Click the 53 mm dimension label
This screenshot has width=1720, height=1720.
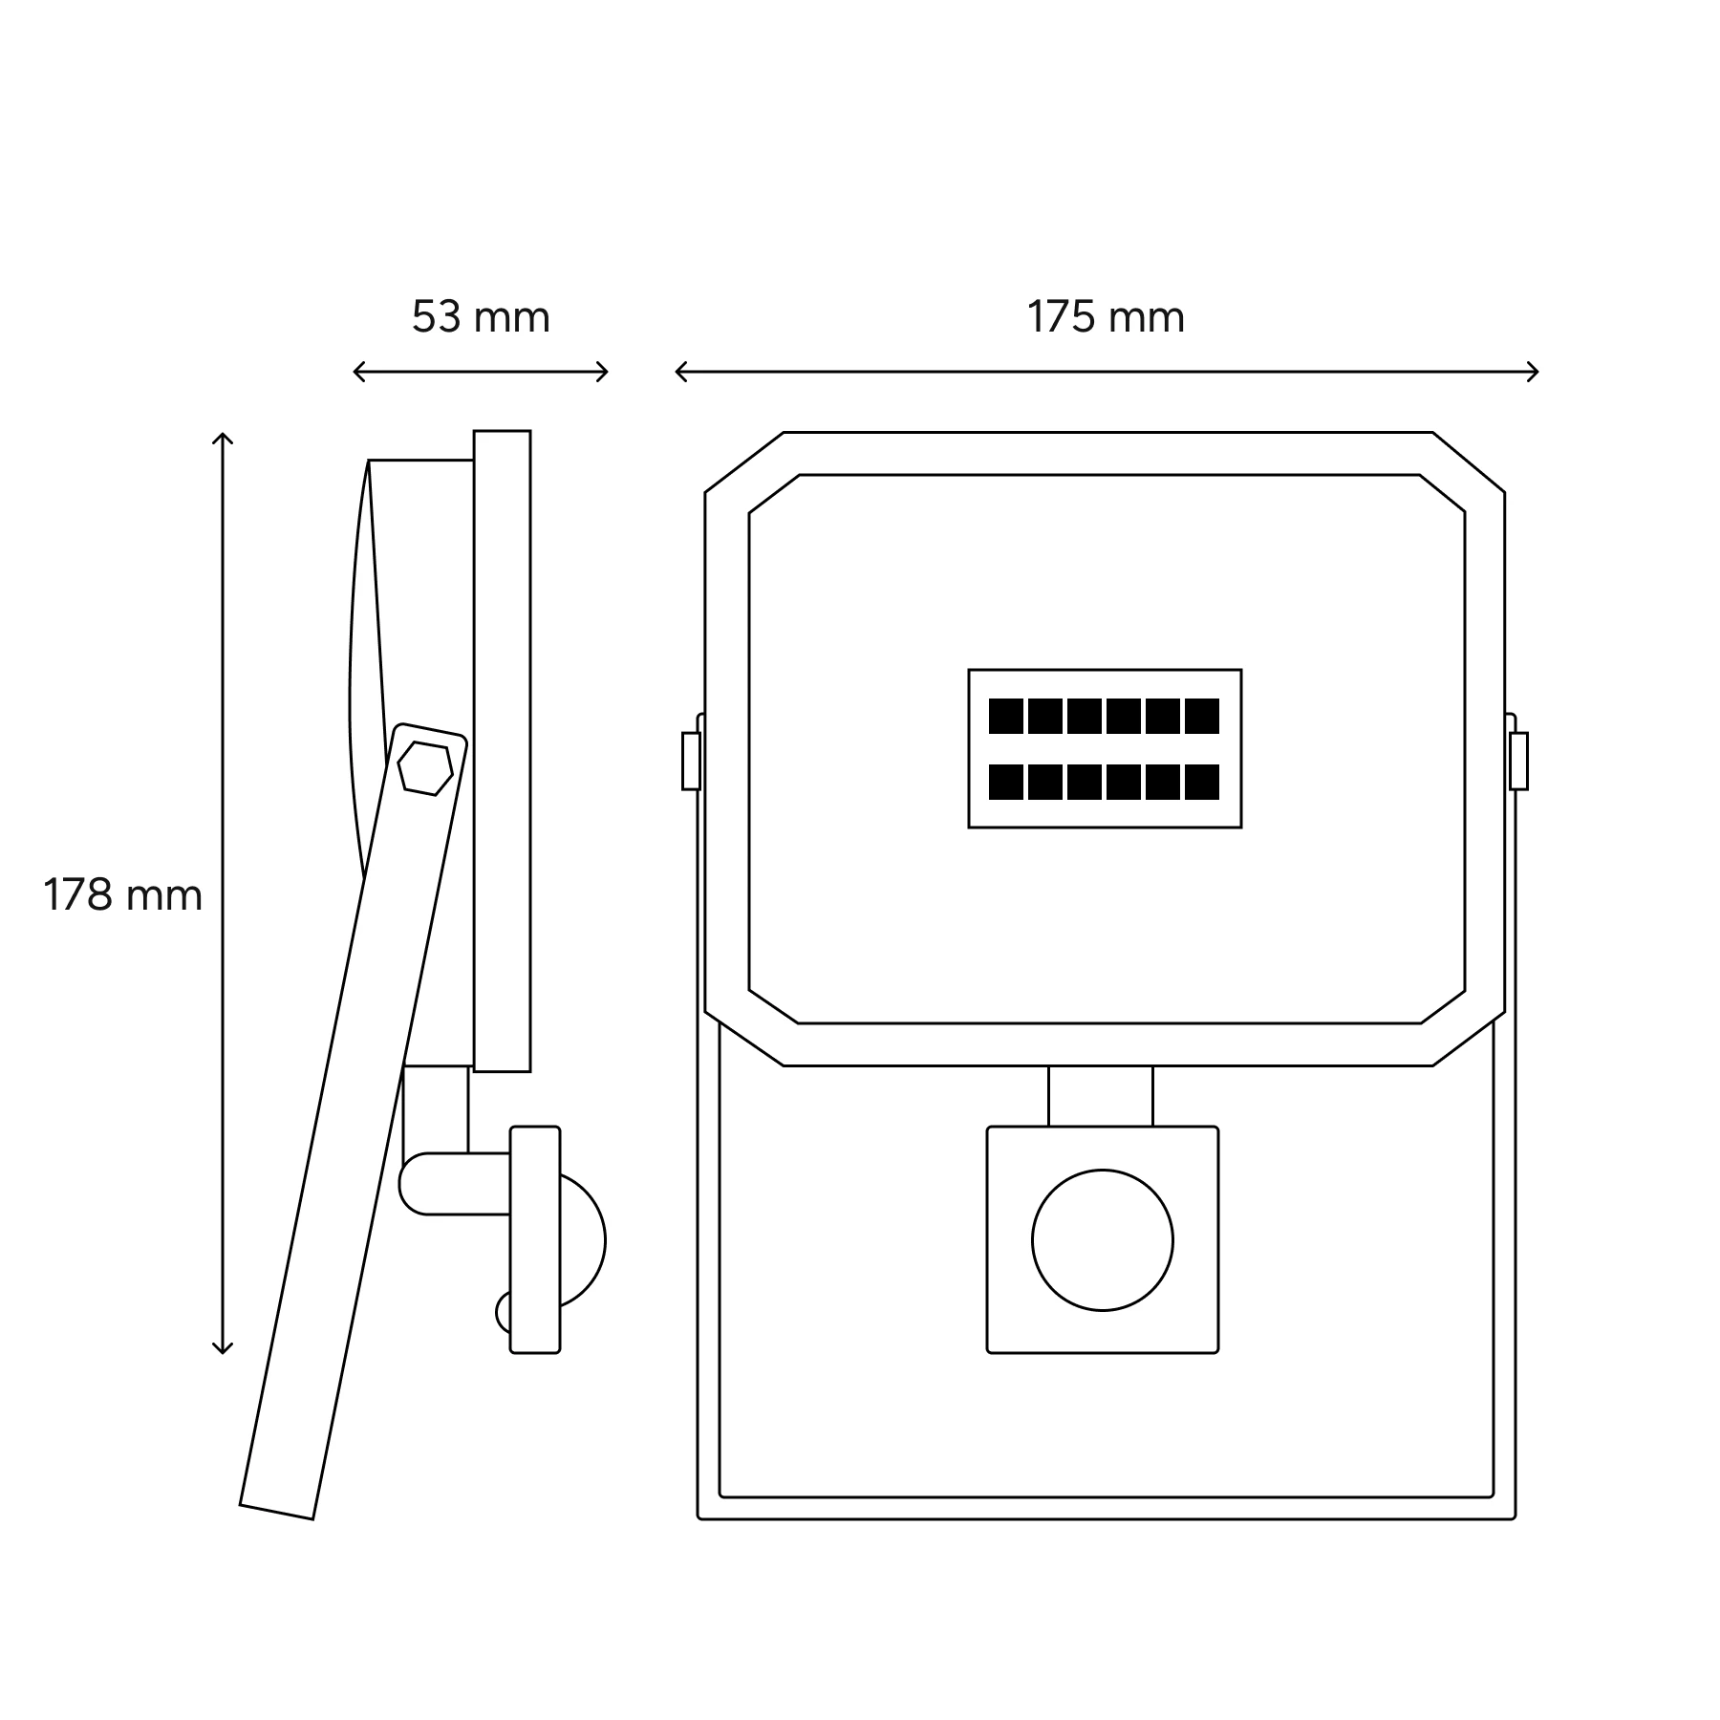[x=481, y=317]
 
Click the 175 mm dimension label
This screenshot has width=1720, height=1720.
[x=1106, y=317]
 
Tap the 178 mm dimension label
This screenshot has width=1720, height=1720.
[x=122, y=896]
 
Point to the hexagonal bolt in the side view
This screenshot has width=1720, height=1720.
[x=425, y=767]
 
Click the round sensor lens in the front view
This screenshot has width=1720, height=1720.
[x=1103, y=1240]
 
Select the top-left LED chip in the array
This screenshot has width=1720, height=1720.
[x=1006, y=717]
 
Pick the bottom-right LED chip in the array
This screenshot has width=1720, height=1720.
[x=1202, y=782]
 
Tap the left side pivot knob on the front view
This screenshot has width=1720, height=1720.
[x=691, y=762]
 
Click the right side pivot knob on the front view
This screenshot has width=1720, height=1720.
[x=1518, y=762]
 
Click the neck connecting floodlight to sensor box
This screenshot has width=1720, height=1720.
[x=1101, y=1096]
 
